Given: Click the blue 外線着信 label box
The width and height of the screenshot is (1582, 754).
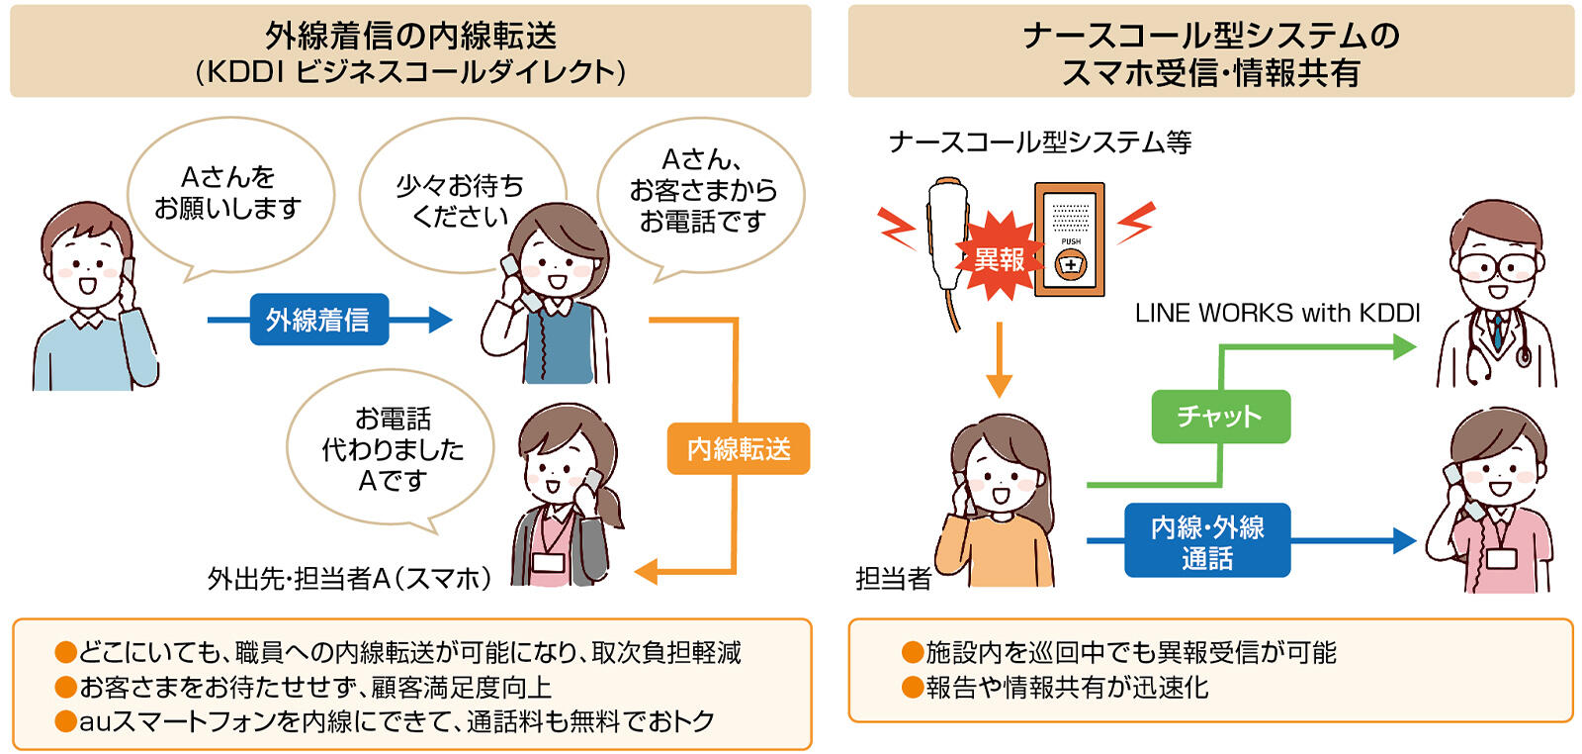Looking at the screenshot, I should [x=318, y=320].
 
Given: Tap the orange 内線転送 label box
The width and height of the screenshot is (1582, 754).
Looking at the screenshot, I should [x=738, y=448].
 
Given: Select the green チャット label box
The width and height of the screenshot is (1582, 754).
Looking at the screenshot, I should [x=1220, y=416].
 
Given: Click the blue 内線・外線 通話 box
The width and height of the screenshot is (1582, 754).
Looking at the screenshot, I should [x=1206, y=541].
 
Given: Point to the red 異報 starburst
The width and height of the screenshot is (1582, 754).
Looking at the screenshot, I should [x=999, y=259].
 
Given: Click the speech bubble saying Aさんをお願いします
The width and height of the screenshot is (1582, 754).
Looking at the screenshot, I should [x=229, y=194].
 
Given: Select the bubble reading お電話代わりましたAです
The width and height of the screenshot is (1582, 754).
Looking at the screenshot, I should [x=391, y=448].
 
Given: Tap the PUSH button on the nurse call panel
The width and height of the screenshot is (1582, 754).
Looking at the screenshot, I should [x=1071, y=264].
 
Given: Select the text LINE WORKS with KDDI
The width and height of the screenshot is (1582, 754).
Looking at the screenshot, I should [x=1276, y=314].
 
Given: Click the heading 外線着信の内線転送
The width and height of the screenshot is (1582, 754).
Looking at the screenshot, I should [x=410, y=37].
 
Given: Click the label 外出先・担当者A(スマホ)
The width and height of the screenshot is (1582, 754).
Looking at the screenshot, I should [x=349, y=578].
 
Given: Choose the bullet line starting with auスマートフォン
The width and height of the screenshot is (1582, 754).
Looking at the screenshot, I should [x=386, y=721].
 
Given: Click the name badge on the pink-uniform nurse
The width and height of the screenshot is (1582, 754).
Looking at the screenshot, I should [x=1500, y=558].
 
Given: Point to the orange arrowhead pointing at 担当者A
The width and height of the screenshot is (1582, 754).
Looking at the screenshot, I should [x=646, y=571].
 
